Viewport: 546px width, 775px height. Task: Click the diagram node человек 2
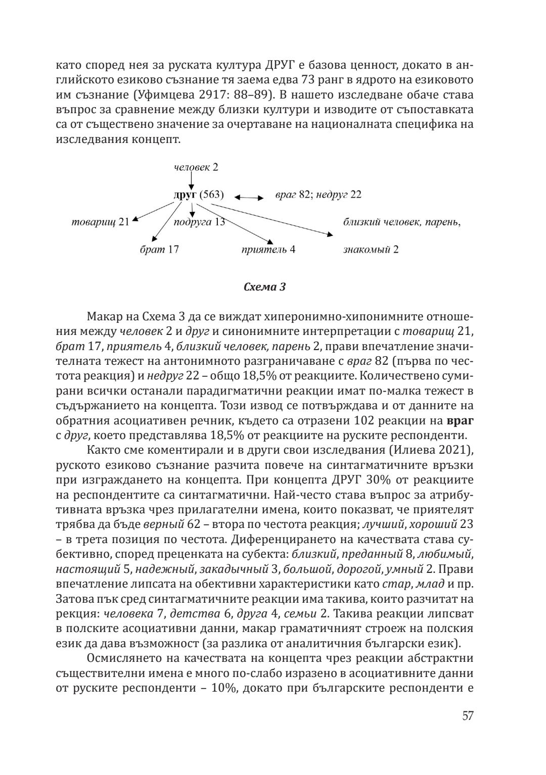point(196,167)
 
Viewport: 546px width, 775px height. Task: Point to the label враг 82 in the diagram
point(292,195)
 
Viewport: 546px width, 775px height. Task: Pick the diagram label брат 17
point(159,249)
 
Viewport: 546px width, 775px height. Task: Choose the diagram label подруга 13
point(199,222)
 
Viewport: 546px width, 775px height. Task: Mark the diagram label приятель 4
point(268,249)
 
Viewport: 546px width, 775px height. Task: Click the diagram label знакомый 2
point(371,249)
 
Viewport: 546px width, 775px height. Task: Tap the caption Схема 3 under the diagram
point(264,287)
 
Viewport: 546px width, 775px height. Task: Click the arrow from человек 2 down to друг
point(192,179)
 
